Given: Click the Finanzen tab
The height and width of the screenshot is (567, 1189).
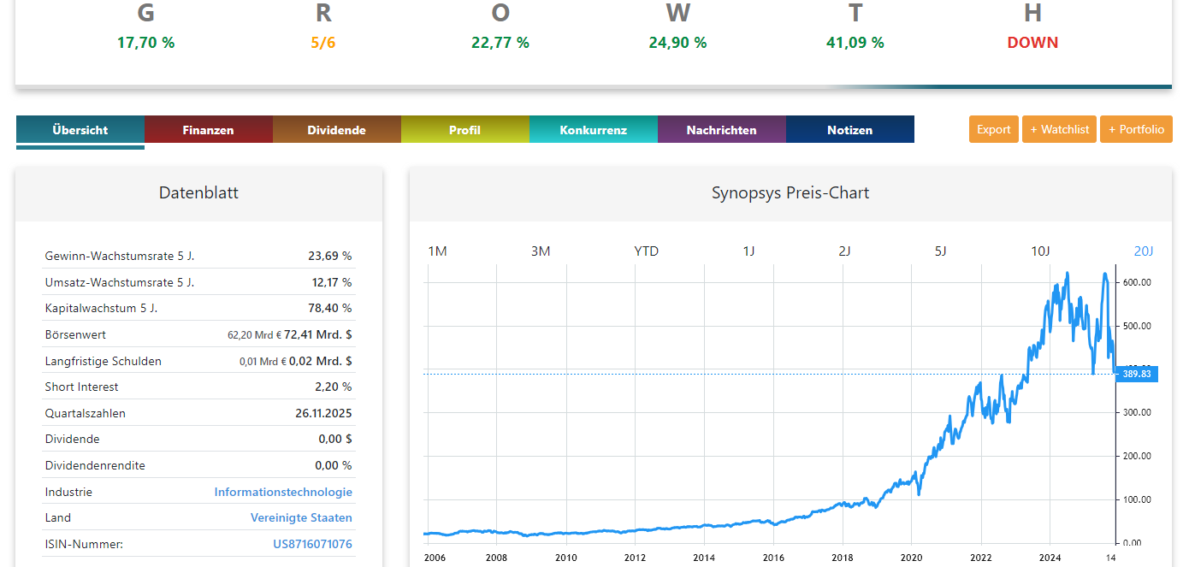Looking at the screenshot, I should pos(208,130).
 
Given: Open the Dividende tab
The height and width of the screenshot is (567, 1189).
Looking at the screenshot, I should pos(336,130).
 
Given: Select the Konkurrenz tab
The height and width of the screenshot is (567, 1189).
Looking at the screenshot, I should pos(593,130).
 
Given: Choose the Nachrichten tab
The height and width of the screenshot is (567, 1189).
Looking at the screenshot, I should pos(721,130).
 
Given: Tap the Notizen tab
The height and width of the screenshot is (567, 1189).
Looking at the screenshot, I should pos(849,130).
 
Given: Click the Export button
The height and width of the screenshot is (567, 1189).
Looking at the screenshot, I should pos(993,129).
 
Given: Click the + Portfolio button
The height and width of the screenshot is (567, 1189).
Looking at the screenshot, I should pos(1136,129).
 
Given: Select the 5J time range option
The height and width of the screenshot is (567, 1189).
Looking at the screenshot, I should pos(940,251).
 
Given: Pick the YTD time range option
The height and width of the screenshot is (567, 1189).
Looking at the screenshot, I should pos(646,251).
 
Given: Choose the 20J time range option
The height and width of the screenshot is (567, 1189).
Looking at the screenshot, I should pos(1144,251).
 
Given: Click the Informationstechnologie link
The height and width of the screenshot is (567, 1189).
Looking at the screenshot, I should pos(283,492).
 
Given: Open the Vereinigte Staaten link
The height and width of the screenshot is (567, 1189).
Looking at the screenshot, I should pos(301,517).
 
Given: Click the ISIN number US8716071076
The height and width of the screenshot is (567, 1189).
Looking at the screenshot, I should pos(312,544).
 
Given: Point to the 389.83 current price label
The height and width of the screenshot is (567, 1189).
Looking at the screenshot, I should pos(1137,374).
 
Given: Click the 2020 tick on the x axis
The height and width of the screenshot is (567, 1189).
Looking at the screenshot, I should pos(912,558).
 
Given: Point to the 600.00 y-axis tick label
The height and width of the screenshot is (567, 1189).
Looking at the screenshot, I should pos(1137,282).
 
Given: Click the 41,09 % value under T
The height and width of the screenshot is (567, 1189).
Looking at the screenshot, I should pos(855,43).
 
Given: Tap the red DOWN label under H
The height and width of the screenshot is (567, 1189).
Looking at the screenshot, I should pos(1032,43).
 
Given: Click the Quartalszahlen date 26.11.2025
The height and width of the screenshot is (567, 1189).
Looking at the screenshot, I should pos(323,413).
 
